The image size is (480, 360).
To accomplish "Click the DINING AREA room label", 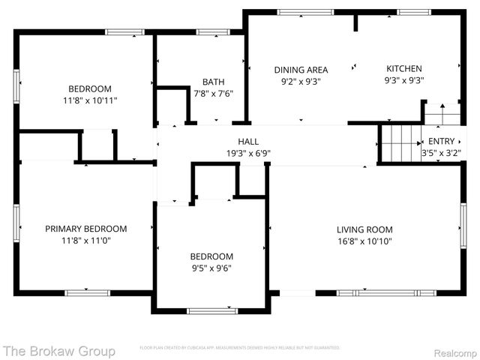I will click(300, 69).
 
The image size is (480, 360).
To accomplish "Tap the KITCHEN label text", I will click(403, 69).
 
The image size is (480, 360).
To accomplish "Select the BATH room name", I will click(213, 82).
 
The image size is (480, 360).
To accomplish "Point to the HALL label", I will click(248, 141).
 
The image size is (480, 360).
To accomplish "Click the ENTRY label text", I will click(441, 141).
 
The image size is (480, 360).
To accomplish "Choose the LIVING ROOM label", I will click(364, 229).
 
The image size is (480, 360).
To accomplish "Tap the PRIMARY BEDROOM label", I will click(85, 229).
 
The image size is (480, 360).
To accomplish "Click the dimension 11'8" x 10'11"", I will click(90, 100).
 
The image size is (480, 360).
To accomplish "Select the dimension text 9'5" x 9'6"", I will click(211, 268).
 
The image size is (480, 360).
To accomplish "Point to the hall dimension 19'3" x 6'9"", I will click(248, 153).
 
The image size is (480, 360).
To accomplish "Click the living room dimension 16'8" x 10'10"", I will click(364, 241).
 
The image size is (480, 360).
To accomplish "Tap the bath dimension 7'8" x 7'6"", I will click(213, 94).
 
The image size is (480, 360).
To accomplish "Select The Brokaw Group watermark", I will click(59, 350).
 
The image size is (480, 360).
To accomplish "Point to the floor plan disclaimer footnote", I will click(239, 348).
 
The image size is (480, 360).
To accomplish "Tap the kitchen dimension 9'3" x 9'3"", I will click(403, 81).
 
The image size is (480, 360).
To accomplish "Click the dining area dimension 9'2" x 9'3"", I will click(300, 81).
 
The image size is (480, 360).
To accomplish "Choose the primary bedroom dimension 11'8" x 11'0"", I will click(85, 241).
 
